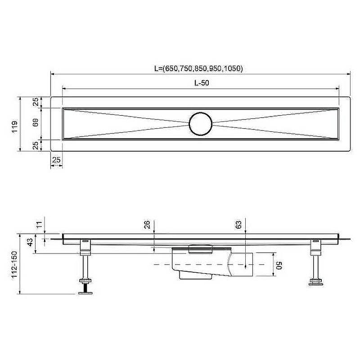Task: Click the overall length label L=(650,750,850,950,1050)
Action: point(198,68)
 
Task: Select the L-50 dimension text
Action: point(202,83)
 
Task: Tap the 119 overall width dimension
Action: point(14,126)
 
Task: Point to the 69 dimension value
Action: point(36,122)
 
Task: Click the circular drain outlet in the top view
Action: point(200,124)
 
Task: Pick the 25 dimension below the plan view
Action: point(56,160)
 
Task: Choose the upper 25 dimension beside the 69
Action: point(36,102)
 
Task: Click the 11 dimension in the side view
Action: point(40,224)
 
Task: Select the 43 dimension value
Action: point(30,243)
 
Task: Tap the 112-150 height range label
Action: point(14,265)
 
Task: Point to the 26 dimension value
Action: point(147,224)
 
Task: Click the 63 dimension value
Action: point(238,224)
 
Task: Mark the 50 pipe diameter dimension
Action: point(279,265)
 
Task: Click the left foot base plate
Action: point(85,293)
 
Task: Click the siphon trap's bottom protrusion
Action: point(195,275)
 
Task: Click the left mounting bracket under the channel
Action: point(85,247)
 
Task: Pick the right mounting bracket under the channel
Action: point(316,247)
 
